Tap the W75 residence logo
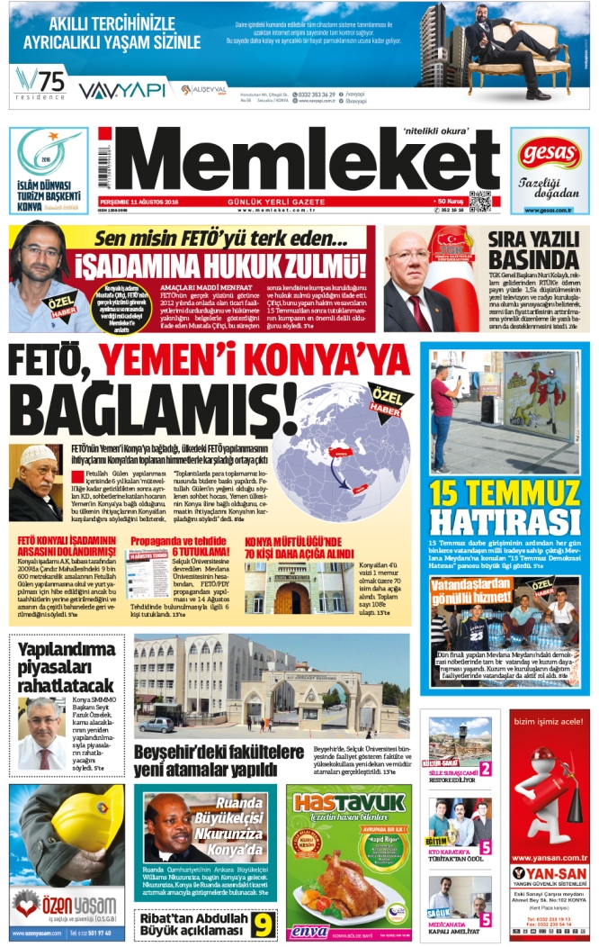[x=38, y=84]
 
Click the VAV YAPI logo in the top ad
[x=121, y=90]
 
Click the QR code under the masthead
[x=479, y=201]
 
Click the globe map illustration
[x=345, y=439]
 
